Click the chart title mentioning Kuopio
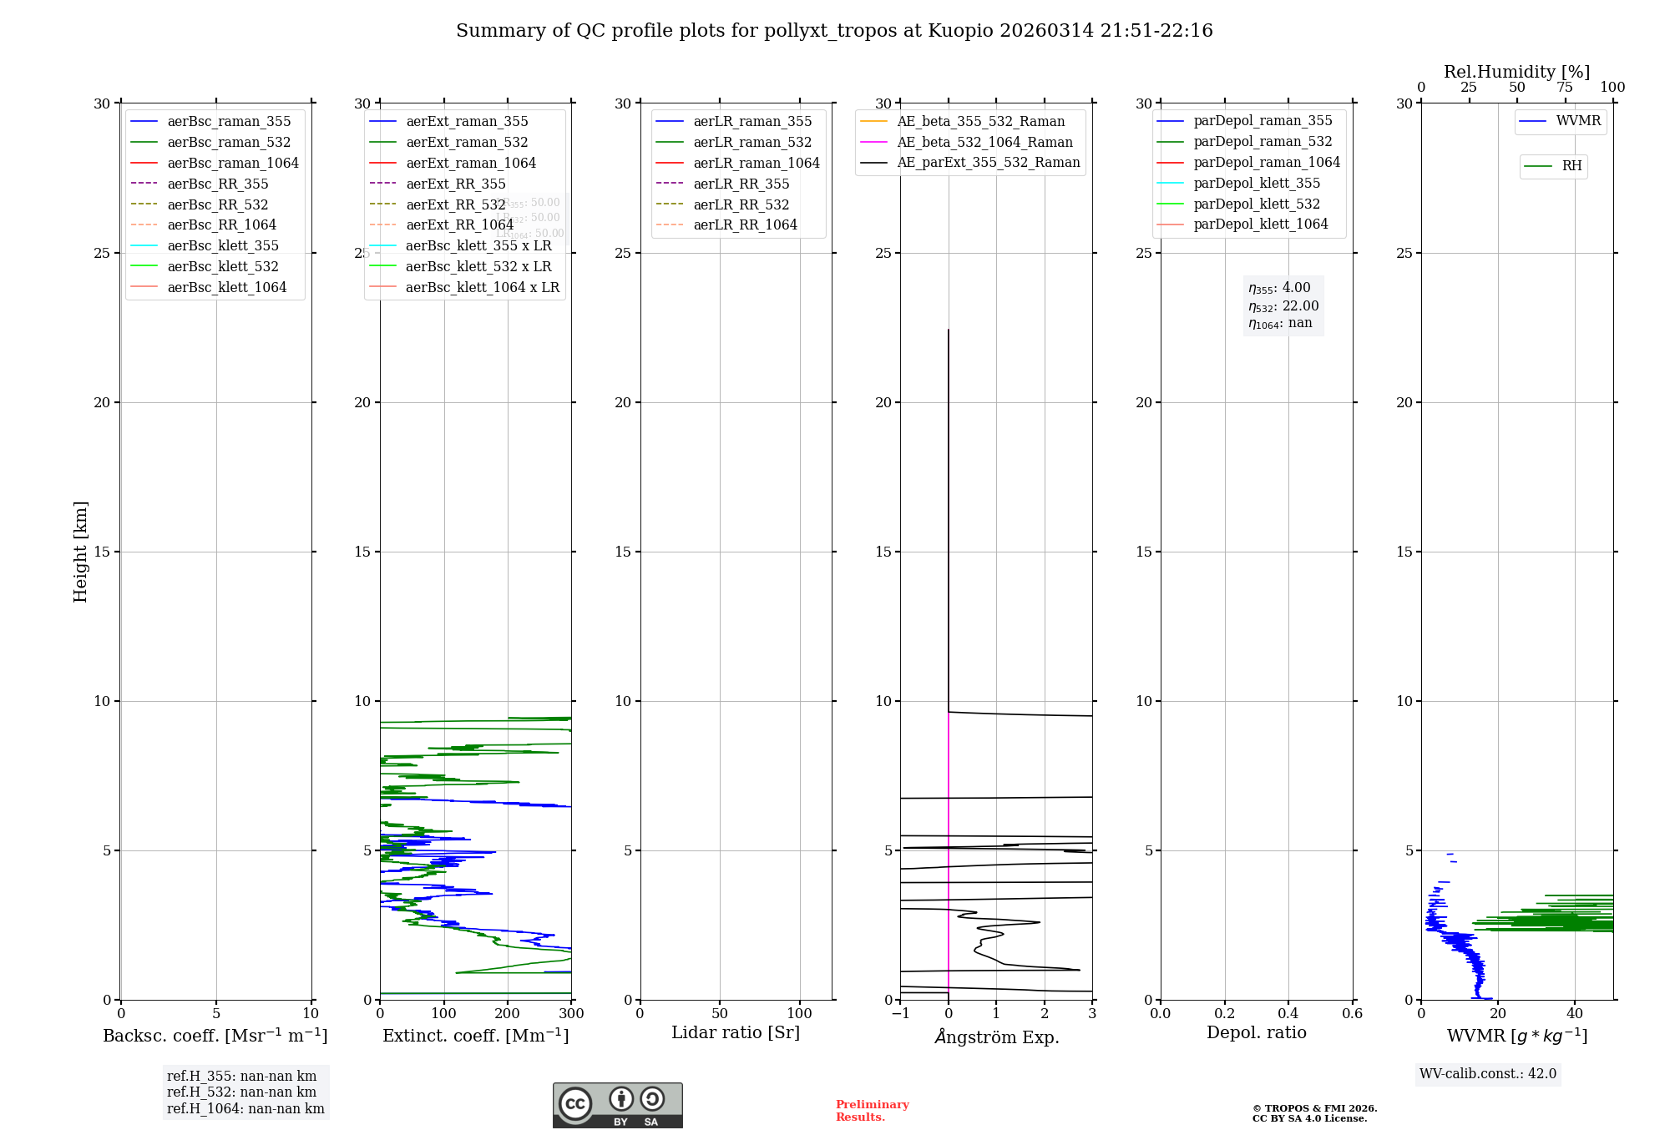point(834,31)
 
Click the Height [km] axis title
point(80,552)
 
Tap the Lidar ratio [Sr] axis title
point(736,1032)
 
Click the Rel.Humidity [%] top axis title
point(1516,72)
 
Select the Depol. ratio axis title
point(1256,1032)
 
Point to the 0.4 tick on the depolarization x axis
point(1288,1014)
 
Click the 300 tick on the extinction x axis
point(571,1014)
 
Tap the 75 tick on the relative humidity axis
point(1565,88)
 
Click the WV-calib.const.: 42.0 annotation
point(1487,1074)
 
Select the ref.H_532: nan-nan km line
point(241,1092)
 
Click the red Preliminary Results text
point(872,1111)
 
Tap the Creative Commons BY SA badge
point(617,1106)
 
